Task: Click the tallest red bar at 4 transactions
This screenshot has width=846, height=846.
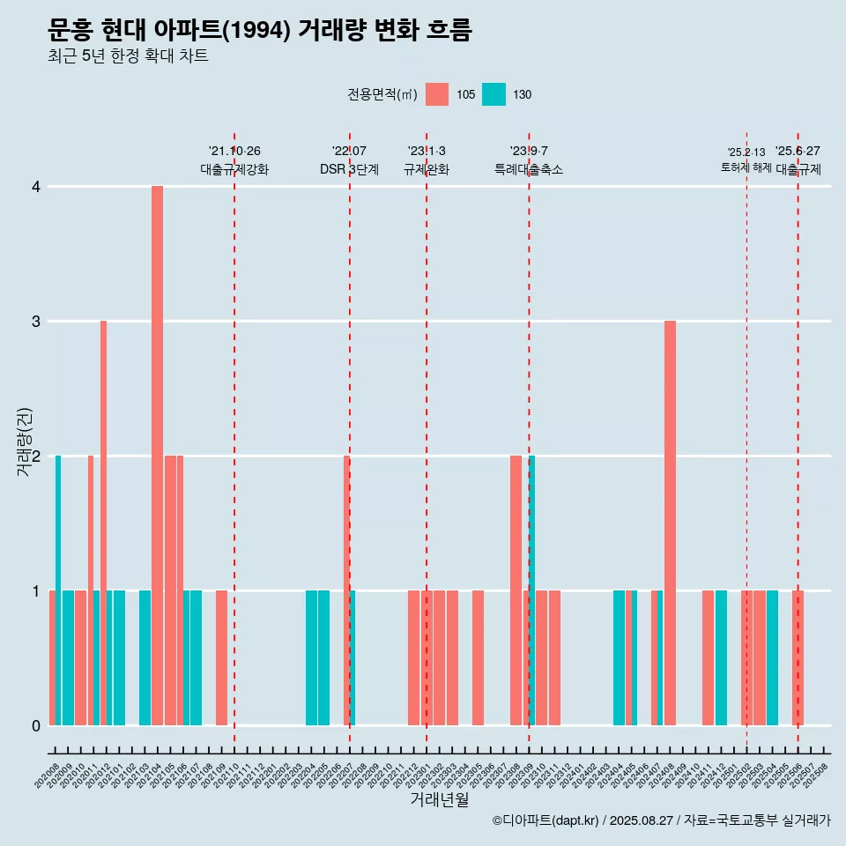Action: pyautogui.click(x=158, y=455)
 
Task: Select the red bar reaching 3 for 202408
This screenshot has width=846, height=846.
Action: pyautogui.click(x=670, y=523)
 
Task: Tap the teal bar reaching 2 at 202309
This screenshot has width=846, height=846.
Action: pyautogui.click(x=532, y=590)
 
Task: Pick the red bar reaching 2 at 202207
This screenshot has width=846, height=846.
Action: pyautogui.click(x=346, y=590)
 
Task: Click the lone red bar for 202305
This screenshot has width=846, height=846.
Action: pyautogui.click(x=478, y=657)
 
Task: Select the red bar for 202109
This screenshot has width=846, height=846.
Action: pyautogui.click(x=221, y=657)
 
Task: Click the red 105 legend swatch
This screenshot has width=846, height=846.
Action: pyautogui.click(x=436, y=94)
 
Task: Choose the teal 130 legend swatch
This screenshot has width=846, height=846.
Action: pyautogui.click(x=493, y=94)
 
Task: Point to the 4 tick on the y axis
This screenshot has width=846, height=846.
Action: pyautogui.click(x=36, y=187)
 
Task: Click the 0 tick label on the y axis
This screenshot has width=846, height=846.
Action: pyautogui.click(x=36, y=725)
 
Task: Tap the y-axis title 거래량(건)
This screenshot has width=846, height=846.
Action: pyautogui.click(x=24, y=442)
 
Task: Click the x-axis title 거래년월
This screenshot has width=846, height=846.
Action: pyautogui.click(x=439, y=799)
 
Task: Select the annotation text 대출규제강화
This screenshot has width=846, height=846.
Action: pyautogui.click(x=234, y=169)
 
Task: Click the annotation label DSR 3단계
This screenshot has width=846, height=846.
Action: pyautogui.click(x=349, y=169)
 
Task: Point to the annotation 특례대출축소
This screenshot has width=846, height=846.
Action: pyautogui.click(x=529, y=169)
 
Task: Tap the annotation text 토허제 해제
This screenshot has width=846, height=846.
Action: pyautogui.click(x=746, y=167)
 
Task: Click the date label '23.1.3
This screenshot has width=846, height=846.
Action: pyautogui.click(x=427, y=151)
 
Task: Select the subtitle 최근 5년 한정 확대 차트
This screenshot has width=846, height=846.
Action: pyautogui.click(x=128, y=57)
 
